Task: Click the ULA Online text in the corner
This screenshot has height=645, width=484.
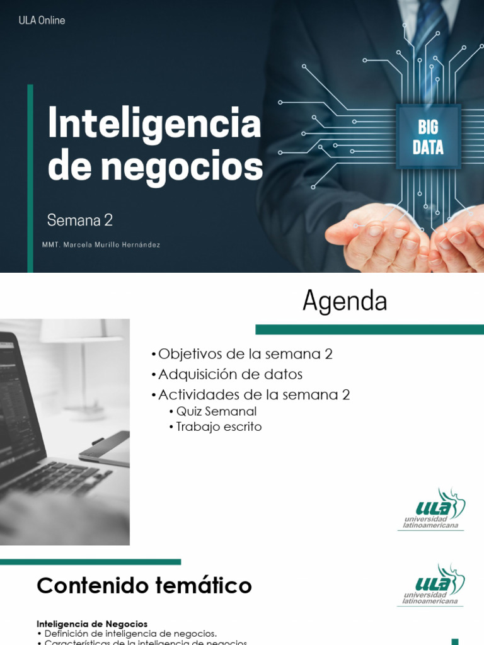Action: click(x=42, y=20)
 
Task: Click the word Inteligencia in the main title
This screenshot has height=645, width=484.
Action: click(x=154, y=124)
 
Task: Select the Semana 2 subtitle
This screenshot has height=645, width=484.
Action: click(x=80, y=220)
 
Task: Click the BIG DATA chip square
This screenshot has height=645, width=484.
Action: click(x=428, y=137)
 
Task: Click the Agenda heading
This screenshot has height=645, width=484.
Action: click(x=345, y=302)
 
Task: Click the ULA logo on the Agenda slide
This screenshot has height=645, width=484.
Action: click(x=432, y=510)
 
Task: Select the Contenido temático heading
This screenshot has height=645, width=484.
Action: click(x=144, y=586)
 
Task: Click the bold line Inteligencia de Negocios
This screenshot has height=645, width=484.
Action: click(x=92, y=624)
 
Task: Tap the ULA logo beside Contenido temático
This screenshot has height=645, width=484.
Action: click(x=432, y=585)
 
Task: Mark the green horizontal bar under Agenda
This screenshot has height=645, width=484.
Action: click(x=369, y=329)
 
